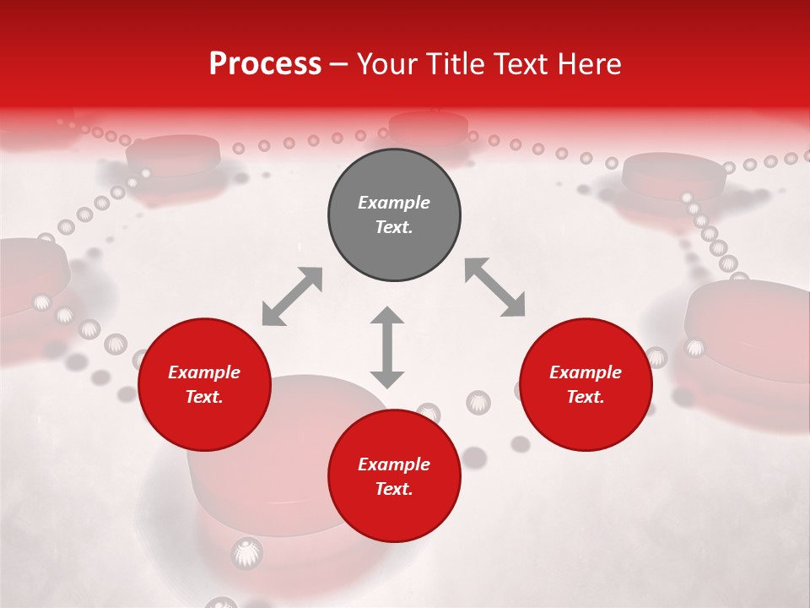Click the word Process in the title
(x=265, y=64)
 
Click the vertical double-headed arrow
(x=387, y=347)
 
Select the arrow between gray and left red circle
(x=292, y=296)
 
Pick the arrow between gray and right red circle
(x=494, y=288)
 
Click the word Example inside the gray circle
(x=394, y=203)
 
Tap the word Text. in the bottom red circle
(x=394, y=490)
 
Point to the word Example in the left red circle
(x=204, y=372)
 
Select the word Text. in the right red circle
(x=586, y=397)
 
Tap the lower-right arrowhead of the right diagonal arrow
(x=514, y=307)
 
